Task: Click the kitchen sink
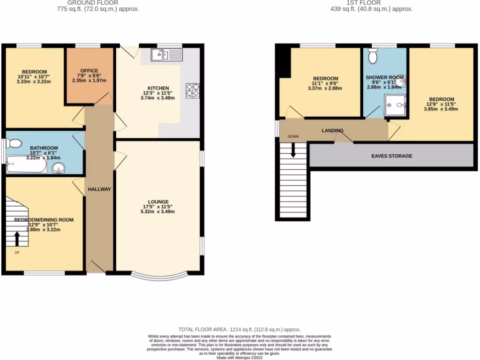(x=166, y=56)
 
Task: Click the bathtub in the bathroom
(x=26, y=166)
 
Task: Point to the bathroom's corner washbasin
(x=59, y=168)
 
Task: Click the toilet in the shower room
(x=374, y=57)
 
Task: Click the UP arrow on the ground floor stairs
(x=17, y=239)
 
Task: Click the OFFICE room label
(x=89, y=71)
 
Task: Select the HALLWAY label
(x=99, y=189)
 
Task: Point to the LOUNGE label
(x=159, y=202)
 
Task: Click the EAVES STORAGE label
(x=391, y=156)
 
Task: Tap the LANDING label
(x=332, y=130)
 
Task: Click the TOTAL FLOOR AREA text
(x=239, y=330)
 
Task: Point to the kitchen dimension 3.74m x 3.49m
(x=159, y=98)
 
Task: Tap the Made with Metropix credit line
(x=240, y=358)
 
